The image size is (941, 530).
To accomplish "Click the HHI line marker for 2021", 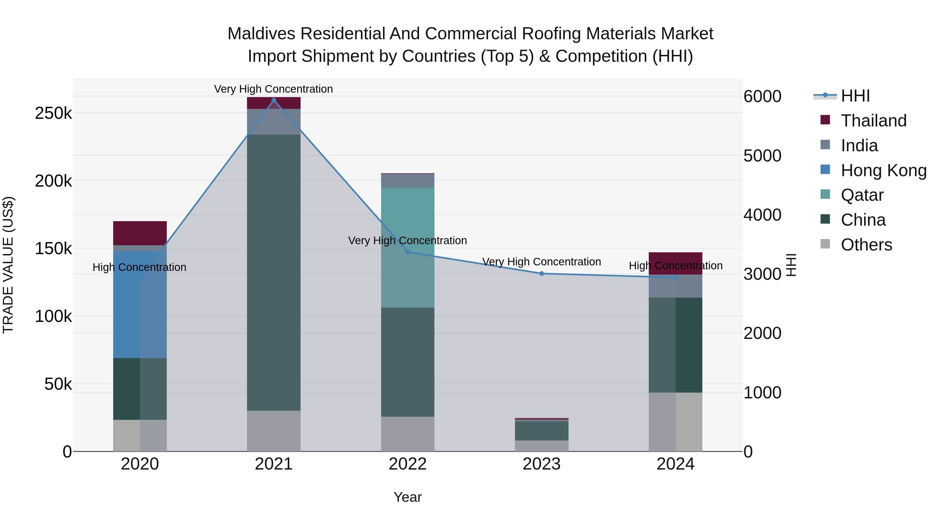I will pos(274,100).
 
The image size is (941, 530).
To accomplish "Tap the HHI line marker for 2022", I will pos(408,252).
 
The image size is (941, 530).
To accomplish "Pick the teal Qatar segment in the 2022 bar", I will pos(408,248).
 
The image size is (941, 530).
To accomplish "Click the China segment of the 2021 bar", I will pos(274,272).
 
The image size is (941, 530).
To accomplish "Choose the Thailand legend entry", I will pos(873,121).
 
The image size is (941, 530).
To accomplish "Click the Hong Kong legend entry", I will pos(883,170).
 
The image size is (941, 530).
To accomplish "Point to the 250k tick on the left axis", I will pos(53,113).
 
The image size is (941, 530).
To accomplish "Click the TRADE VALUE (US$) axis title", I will pos(8,265).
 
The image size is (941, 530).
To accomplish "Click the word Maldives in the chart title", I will pos(261,34).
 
